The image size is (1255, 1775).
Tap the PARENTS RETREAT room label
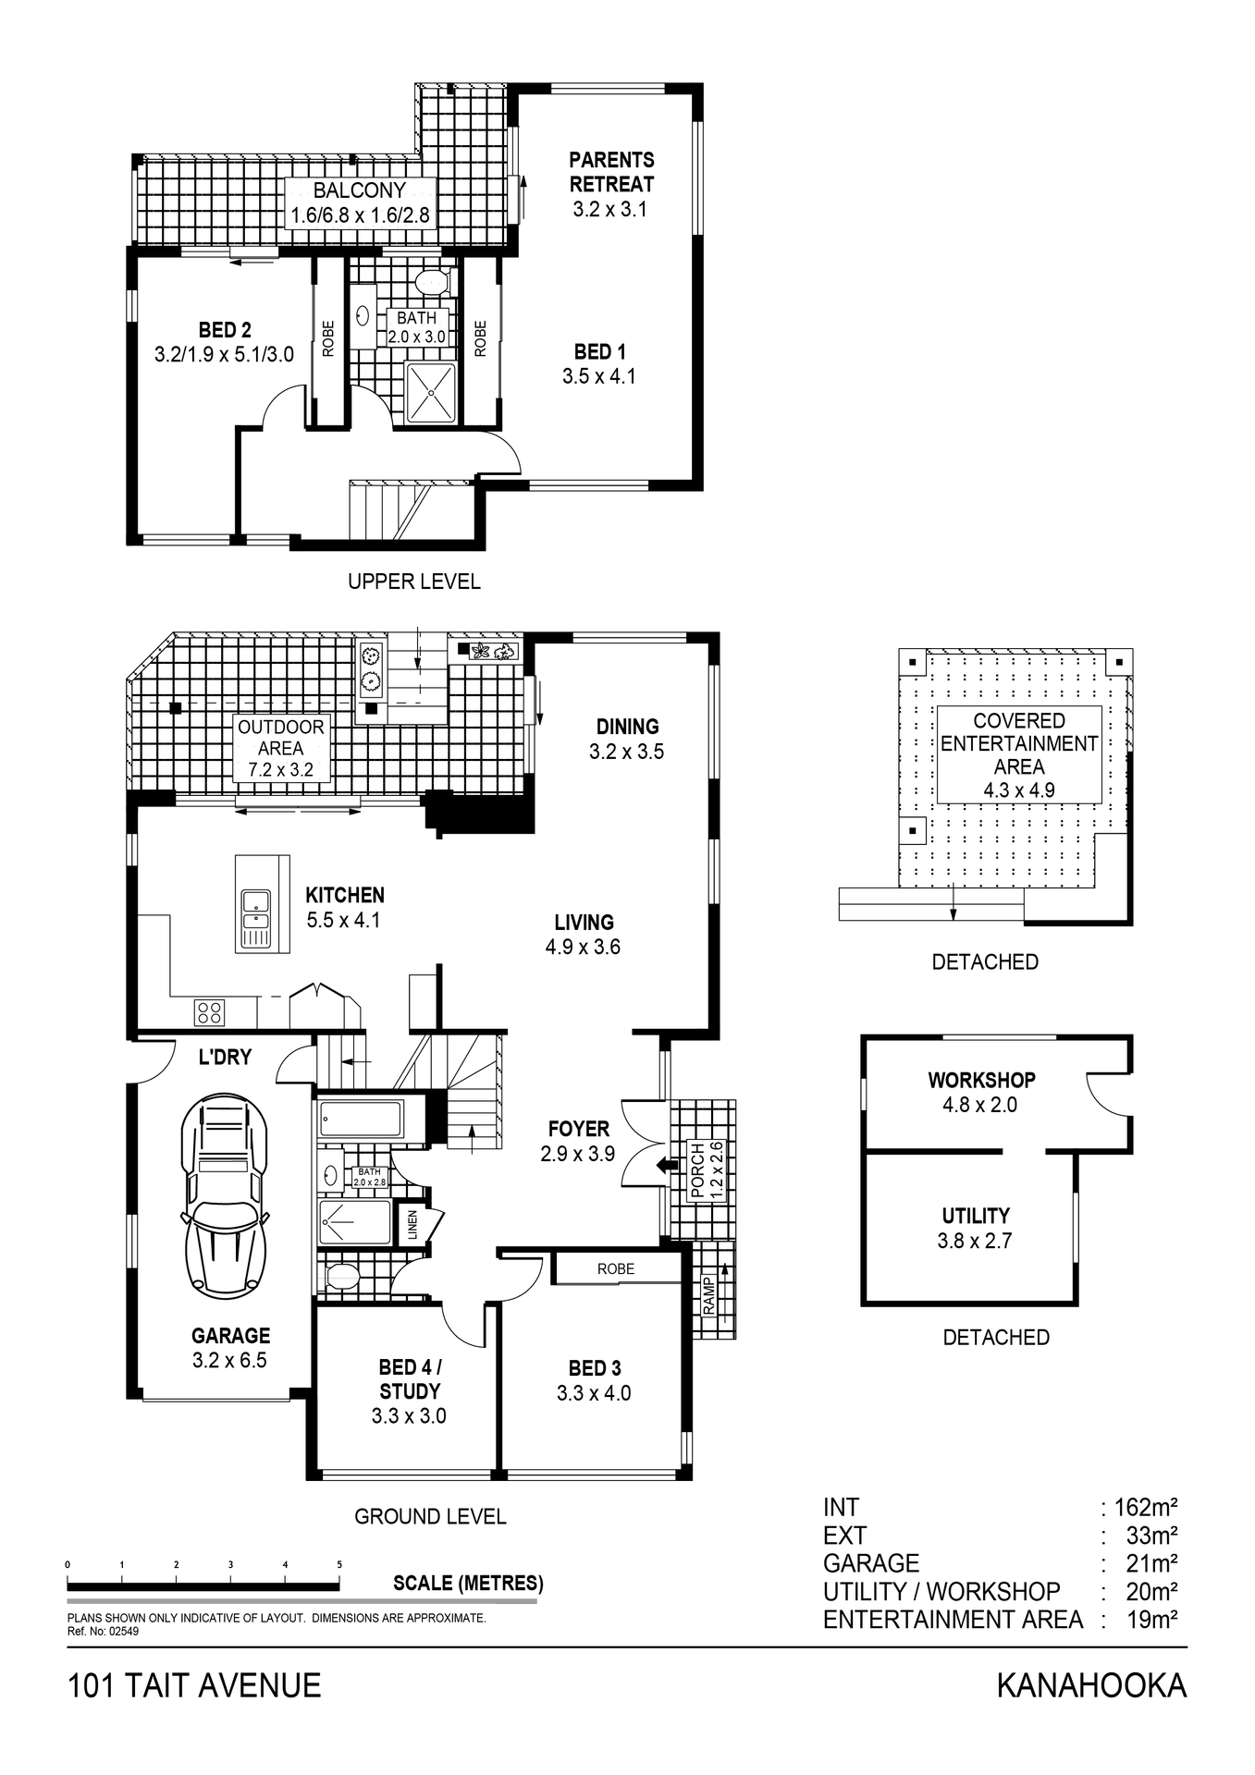click(x=611, y=172)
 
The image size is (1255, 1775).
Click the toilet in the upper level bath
click(x=431, y=280)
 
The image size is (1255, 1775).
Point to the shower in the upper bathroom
click(x=431, y=393)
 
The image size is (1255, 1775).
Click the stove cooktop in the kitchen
click(x=210, y=1012)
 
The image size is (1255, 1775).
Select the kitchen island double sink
click(x=255, y=910)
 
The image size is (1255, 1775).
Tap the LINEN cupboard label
click(x=412, y=1225)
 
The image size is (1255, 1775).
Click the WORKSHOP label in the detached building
click(x=981, y=1080)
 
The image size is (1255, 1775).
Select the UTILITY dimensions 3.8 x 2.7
click(x=975, y=1241)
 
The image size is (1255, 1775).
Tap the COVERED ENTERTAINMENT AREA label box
click(x=1018, y=754)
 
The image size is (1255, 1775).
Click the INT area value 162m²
click(x=1145, y=1508)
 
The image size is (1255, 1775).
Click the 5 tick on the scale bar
click(x=339, y=1565)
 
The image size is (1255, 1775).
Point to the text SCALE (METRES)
click(x=468, y=1583)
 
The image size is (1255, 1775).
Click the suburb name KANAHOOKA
click(x=1091, y=1686)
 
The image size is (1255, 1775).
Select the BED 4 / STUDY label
click(x=410, y=1378)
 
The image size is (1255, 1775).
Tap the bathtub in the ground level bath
click(x=361, y=1119)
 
